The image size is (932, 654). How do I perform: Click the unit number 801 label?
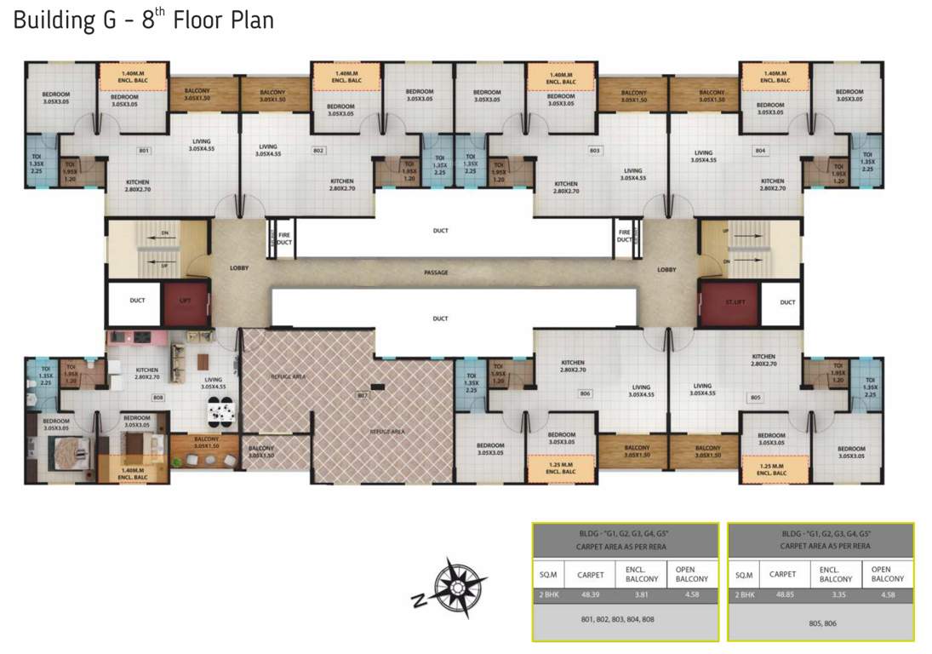pos(144,151)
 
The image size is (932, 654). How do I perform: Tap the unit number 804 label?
pos(760,151)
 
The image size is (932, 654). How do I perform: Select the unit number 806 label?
pos(585,393)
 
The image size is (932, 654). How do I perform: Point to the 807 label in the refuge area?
pos(362,396)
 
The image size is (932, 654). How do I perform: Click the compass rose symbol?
pos(458,586)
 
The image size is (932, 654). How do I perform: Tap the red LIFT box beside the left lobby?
pos(186,301)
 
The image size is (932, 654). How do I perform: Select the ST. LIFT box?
pos(728,301)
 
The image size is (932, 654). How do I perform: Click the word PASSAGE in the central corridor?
pos(437,272)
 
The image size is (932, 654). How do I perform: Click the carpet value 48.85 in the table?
pos(783,594)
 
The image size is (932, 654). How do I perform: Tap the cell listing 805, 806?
pos(821,622)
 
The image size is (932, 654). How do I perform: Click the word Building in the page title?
pos(50,20)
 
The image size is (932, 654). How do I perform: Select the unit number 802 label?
pos(318,151)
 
